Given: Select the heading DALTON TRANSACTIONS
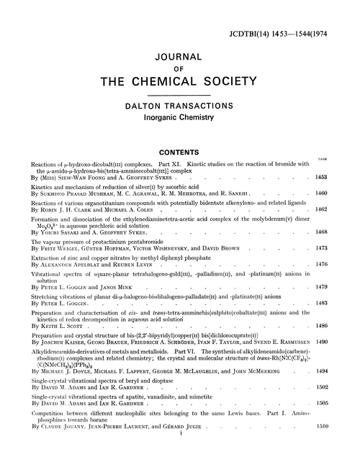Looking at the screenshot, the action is pyautogui.click(x=179, y=106).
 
